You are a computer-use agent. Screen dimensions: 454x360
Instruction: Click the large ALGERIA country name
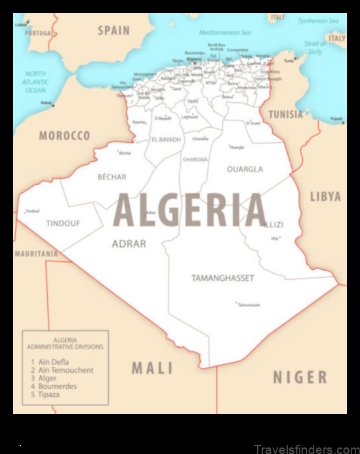[x=190, y=210]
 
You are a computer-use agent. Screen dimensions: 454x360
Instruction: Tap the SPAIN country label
[x=114, y=30]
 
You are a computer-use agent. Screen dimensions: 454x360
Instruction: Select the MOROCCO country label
[x=64, y=136]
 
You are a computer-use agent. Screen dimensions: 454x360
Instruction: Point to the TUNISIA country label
[x=286, y=115]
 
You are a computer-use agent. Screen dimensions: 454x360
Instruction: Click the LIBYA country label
[x=325, y=197]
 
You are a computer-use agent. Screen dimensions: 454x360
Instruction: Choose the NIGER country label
[x=300, y=377]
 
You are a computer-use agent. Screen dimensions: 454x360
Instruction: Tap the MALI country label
[x=152, y=368]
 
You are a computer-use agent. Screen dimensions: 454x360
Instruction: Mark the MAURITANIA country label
[x=36, y=254]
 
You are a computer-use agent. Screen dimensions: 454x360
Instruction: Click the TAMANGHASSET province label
[x=222, y=278]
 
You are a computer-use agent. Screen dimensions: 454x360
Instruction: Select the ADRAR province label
[x=129, y=244]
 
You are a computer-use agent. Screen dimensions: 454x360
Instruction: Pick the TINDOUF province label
[x=63, y=223]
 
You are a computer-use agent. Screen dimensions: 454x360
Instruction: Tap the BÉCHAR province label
[x=112, y=177]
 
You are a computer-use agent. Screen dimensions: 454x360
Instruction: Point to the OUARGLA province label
[x=245, y=169]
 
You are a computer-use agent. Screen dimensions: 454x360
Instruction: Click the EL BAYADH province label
[x=166, y=140]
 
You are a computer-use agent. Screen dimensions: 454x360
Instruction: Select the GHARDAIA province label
[x=195, y=159]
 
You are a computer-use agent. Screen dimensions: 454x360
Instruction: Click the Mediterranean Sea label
[x=225, y=31]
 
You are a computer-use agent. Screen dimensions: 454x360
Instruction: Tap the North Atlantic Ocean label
[x=35, y=82]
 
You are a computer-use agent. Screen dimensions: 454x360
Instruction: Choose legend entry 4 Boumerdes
[x=57, y=387]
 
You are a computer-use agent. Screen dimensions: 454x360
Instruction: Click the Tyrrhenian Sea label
[x=318, y=21]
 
